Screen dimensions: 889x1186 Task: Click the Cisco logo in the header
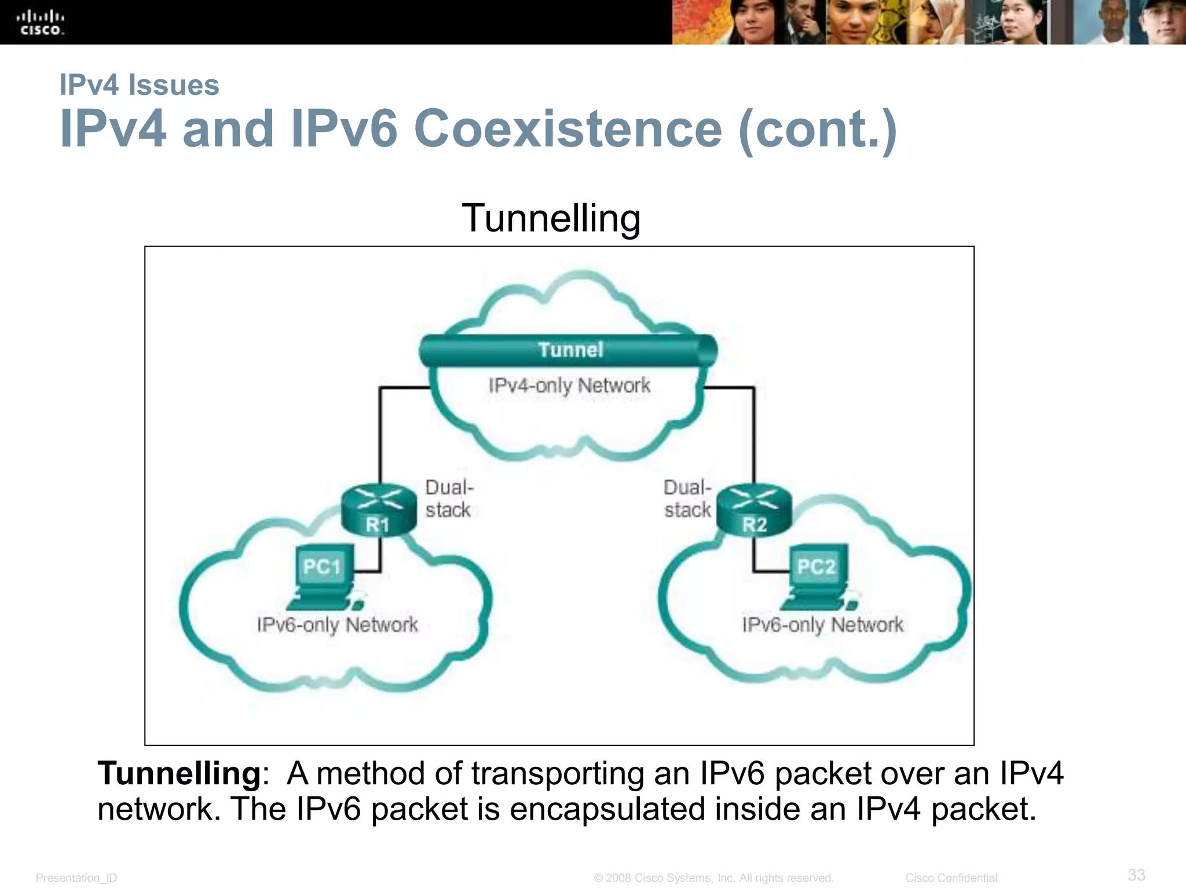point(40,23)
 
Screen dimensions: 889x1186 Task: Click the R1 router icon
point(379,509)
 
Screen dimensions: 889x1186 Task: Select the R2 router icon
point(754,509)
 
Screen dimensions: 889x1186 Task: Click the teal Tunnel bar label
point(570,350)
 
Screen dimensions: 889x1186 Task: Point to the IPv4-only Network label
point(569,385)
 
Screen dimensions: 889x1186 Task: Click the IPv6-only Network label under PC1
point(337,625)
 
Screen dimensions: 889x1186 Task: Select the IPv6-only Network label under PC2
point(822,625)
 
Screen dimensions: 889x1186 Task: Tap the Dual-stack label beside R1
point(449,498)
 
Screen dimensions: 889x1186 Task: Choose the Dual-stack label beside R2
point(687,498)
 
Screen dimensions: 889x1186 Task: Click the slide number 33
point(1136,875)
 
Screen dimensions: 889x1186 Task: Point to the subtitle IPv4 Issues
point(140,85)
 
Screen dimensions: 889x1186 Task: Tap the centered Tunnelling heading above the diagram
point(551,218)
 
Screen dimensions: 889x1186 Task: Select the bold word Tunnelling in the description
point(180,773)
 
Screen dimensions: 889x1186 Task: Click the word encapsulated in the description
point(607,809)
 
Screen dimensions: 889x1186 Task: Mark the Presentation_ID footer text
point(76,878)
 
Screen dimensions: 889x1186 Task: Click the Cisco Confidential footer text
point(951,878)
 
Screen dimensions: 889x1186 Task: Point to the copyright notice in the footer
point(713,878)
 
